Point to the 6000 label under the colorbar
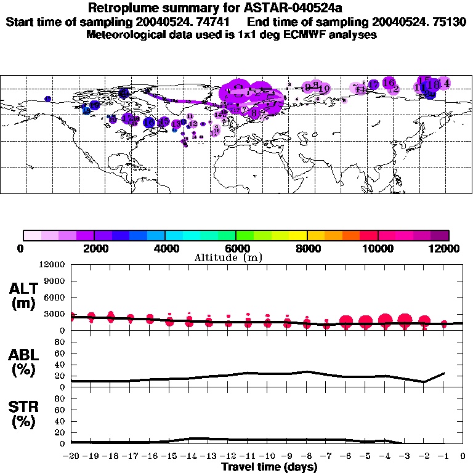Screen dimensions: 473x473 pyautogui.click(x=236, y=248)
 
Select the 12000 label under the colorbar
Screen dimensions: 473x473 pyautogui.click(x=447, y=248)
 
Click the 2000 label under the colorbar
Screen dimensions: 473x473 pyautogui.click(x=94, y=248)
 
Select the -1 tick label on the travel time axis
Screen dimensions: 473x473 pyautogui.click(x=443, y=456)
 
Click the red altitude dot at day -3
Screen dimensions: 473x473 pyautogui.click(x=405, y=320)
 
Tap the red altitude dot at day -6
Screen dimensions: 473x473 pyautogui.click(x=346, y=321)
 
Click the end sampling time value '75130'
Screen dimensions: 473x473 pyautogui.click(x=448, y=22)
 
